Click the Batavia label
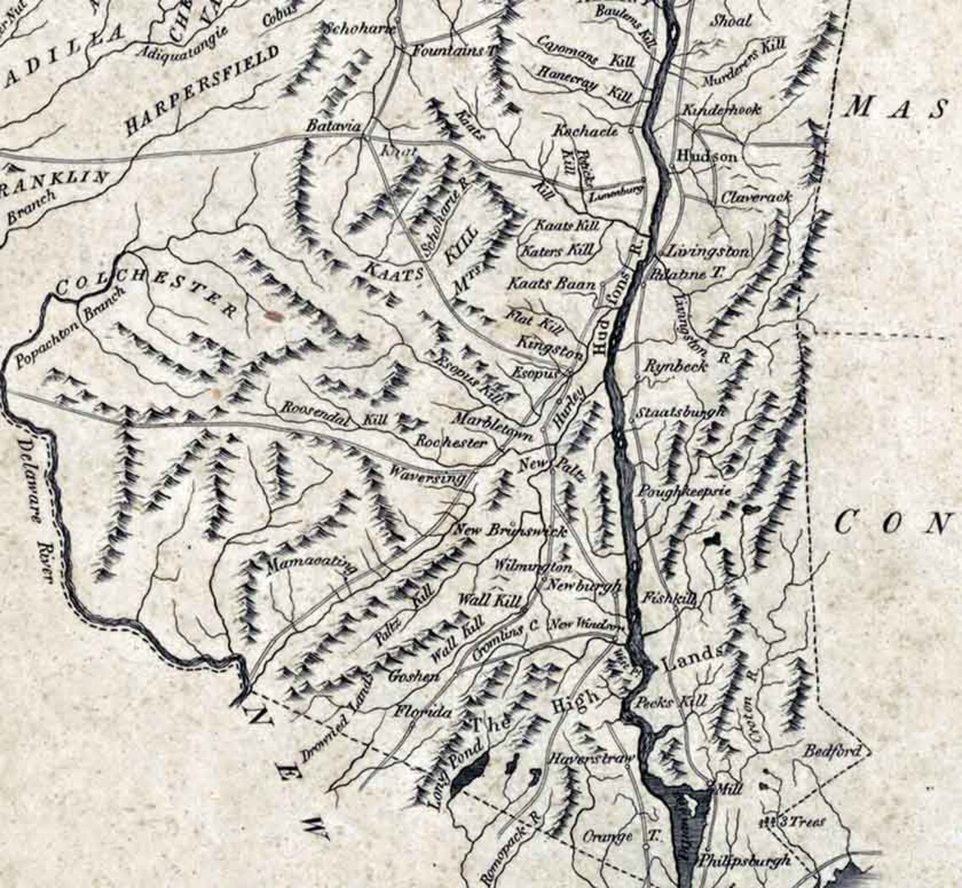(x=333, y=125)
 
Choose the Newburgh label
(x=584, y=585)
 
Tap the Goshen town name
(x=413, y=676)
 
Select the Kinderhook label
(x=721, y=110)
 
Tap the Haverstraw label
(x=591, y=758)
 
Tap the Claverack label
(x=756, y=196)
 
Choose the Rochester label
(x=451, y=442)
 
